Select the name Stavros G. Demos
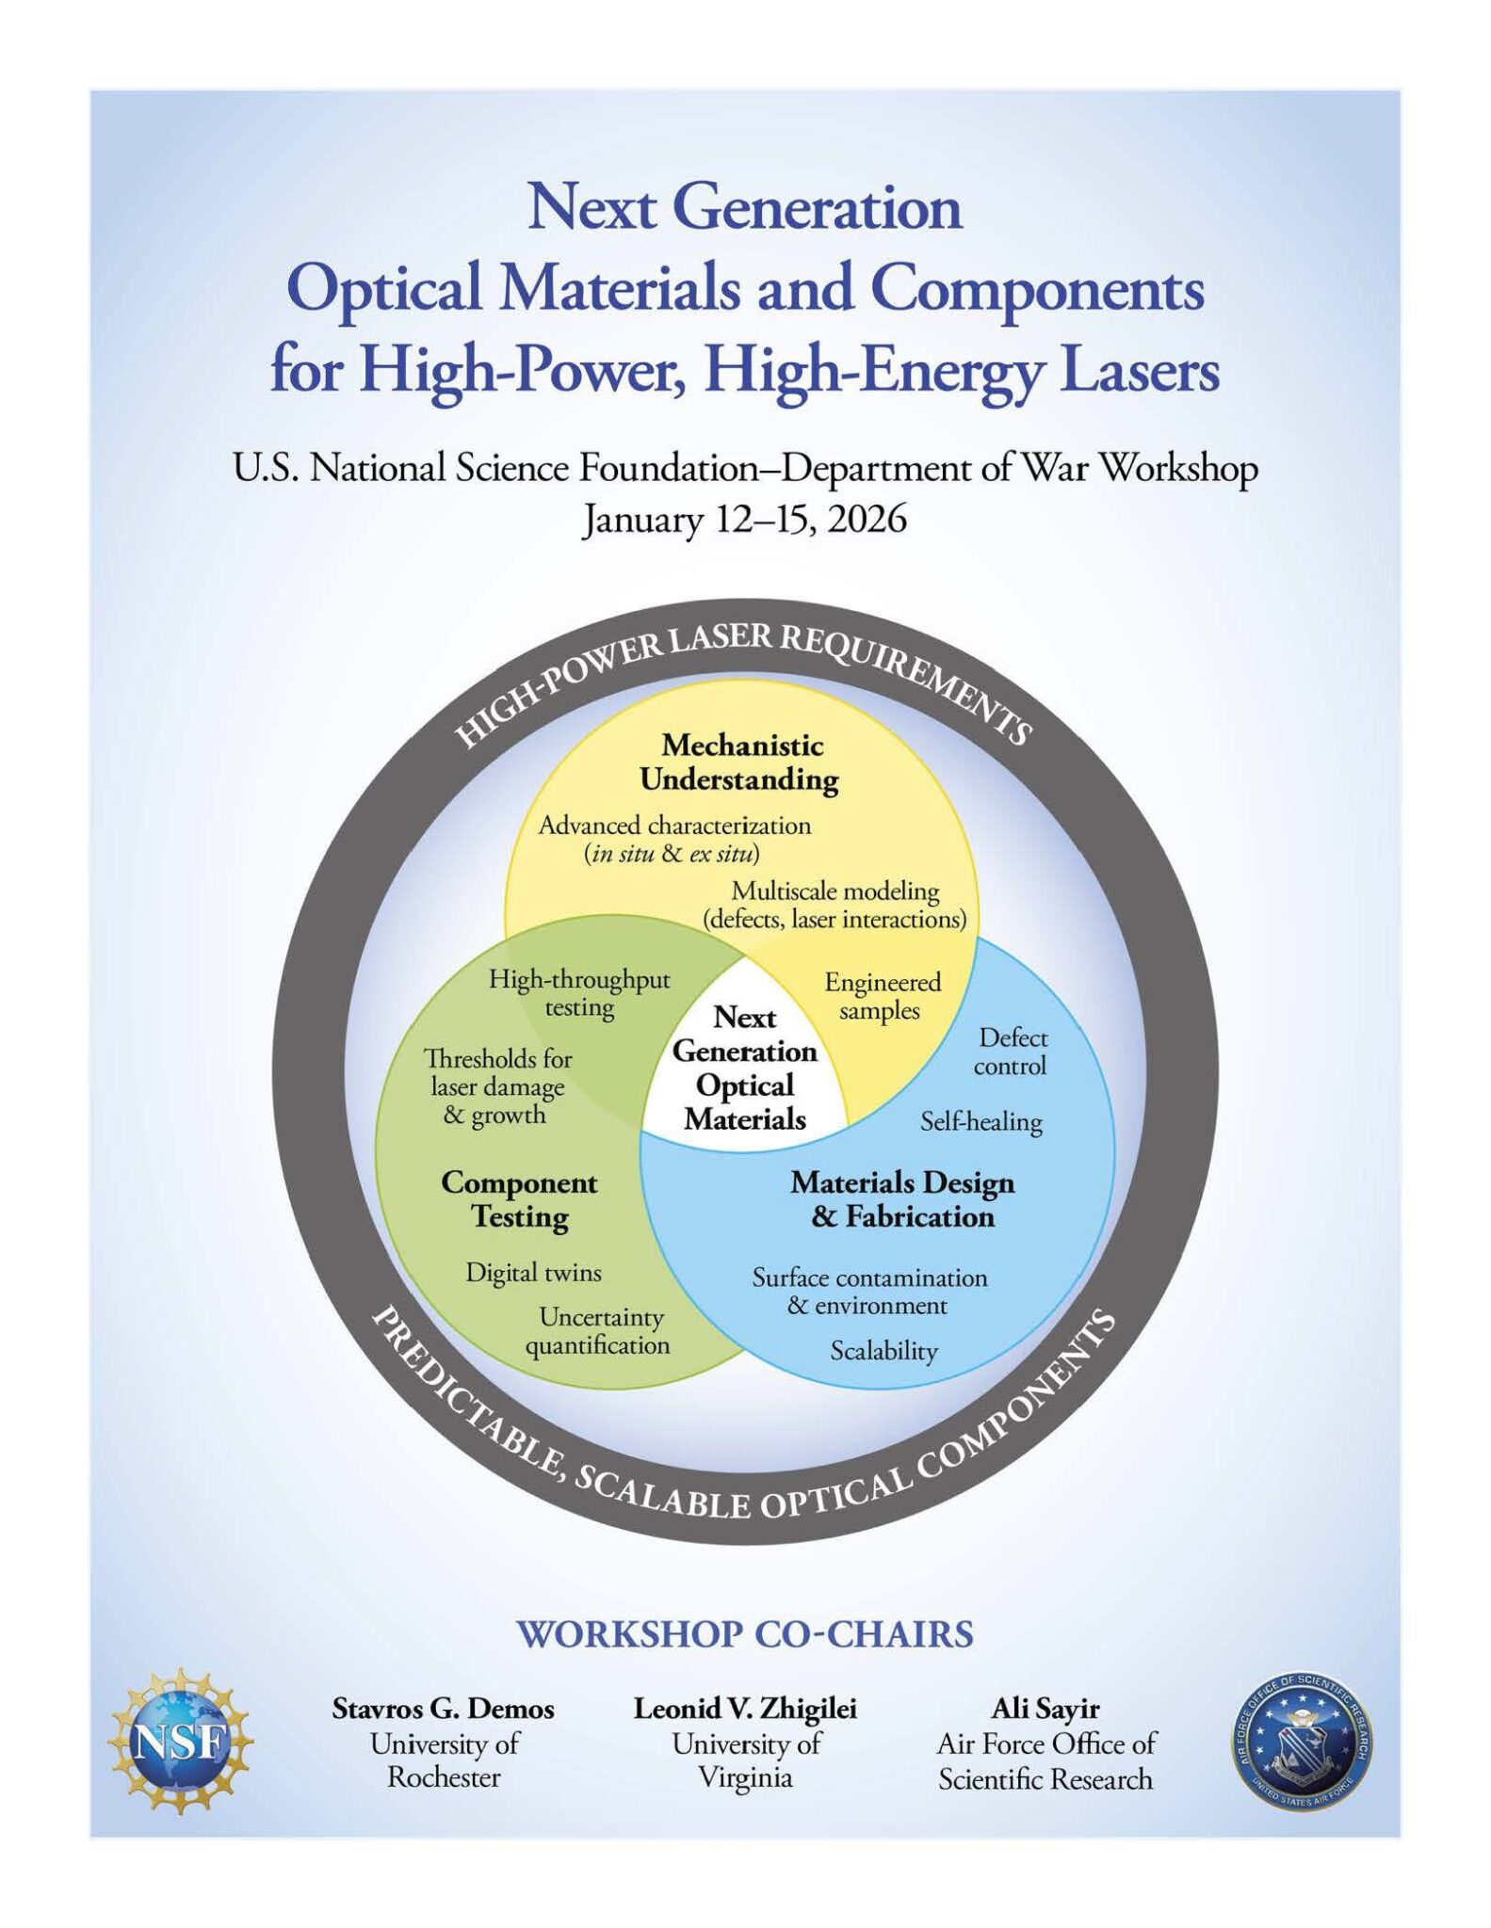pyautogui.click(x=443, y=1709)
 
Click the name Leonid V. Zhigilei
pyautogui.click(x=745, y=1709)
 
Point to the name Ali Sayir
pyautogui.click(x=1045, y=1709)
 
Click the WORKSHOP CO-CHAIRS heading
pyautogui.click(x=745, y=1634)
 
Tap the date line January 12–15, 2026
pyautogui.click(x=744, y=520)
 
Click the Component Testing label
pyautogui.click(x=519, y=1199)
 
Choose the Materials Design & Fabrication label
pyautogui.click(x=902, y=1199)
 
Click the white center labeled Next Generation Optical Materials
pyautogui.click(x=745, y=1068)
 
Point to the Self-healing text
pyautogui.click(x=981, y=1121)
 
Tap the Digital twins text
pyautogui.click(x=533, y=1273)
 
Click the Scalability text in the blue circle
pyautogui.click(x=883, y=1352)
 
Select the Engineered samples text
pyautogui.click(x=882, y=996)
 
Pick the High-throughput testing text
pyautogui.click(x=579, y=994)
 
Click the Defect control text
pyautogui.click(x=1012, y=1052)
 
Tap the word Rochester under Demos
pyautogui.click(x=444, y=1777)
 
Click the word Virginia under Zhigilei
pyautogui.click(x=745, y=1778)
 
